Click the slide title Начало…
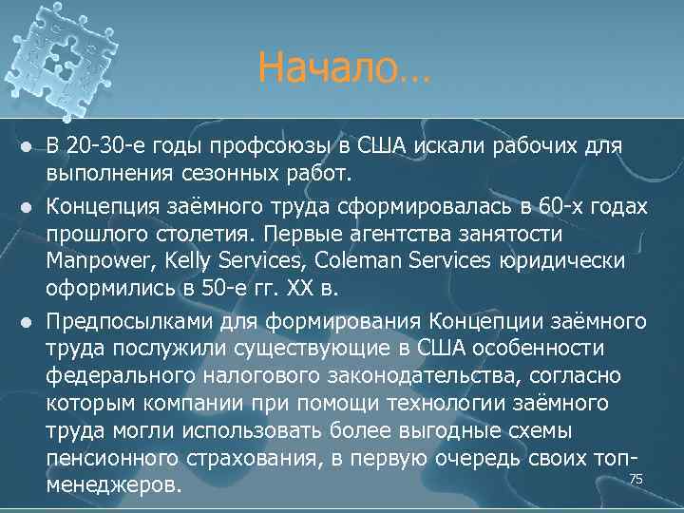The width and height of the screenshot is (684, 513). [343, 68]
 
